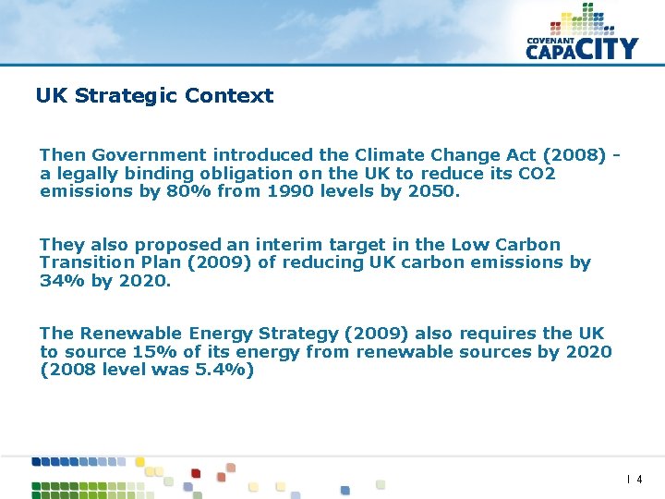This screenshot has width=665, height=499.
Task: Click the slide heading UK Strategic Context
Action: click(154, 96)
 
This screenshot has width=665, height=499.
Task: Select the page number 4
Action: click(639, 480)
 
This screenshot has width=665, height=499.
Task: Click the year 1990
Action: click(290, 191)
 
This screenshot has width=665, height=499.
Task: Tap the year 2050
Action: click(431, 191)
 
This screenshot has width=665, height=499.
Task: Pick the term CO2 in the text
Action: click(536, 174)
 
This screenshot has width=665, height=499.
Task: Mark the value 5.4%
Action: click(219, 370)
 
